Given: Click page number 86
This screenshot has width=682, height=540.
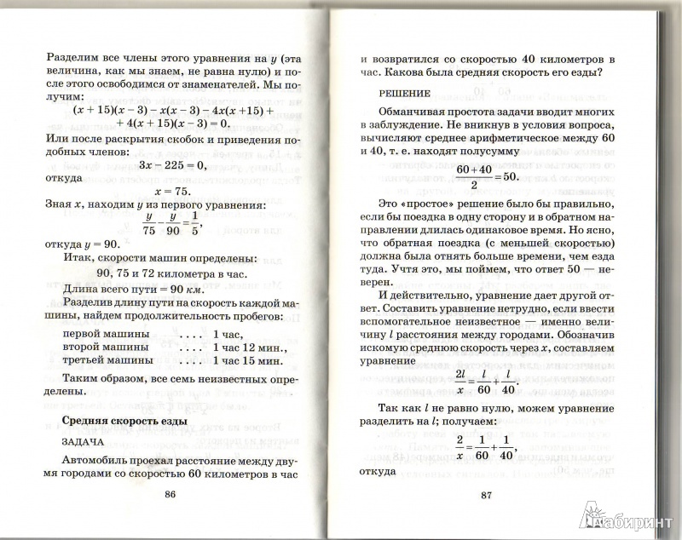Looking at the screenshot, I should point(170,495).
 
